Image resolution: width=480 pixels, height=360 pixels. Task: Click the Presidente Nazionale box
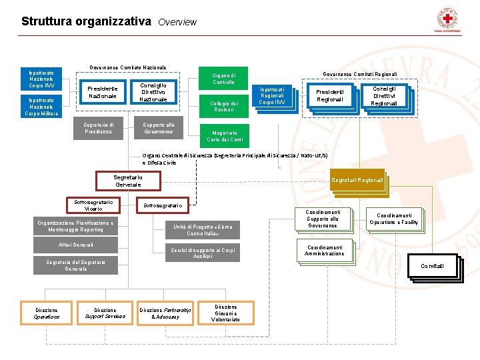pyautogui.click(x=102, y=92)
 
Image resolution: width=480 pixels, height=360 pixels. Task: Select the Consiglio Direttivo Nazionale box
pyautogui.click(x=153, y=92)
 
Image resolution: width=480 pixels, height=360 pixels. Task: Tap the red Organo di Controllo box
pyautogui.click(x=223, y=78)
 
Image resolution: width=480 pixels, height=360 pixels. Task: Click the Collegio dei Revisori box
pyautogui.click(x=224, y=106)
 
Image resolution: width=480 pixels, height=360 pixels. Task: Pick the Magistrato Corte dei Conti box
pyautogui.click(x=225, y=136)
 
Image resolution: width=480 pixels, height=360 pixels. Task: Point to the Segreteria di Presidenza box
pyautogui.click(x=99, y=129)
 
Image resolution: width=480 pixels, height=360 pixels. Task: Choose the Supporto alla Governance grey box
pyautogui.click(x=159, y=129)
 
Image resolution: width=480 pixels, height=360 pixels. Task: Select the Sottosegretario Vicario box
pyautogui.click(x=93, y=205)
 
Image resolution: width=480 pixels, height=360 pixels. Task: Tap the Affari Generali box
pyautogui.click(x=75, y=245)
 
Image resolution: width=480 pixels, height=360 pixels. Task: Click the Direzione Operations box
pyautogui.click(x=47, y=313)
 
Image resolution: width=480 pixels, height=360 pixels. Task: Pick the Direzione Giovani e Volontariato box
pyautogui.click(x=226, y=313)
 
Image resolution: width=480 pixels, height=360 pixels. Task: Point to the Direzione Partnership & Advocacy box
pyautogui.click(x=165, y=313)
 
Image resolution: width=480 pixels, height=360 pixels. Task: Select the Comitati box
pyautogui.click(x=432, y=267)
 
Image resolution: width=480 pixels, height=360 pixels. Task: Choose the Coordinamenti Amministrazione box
pyautogui.click(x=324, y=250)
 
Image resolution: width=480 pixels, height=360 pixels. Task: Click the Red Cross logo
pyautogui.click(x=447, y=18)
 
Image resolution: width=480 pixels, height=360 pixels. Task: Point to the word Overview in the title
pyautogui.click(x=177, y=22)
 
